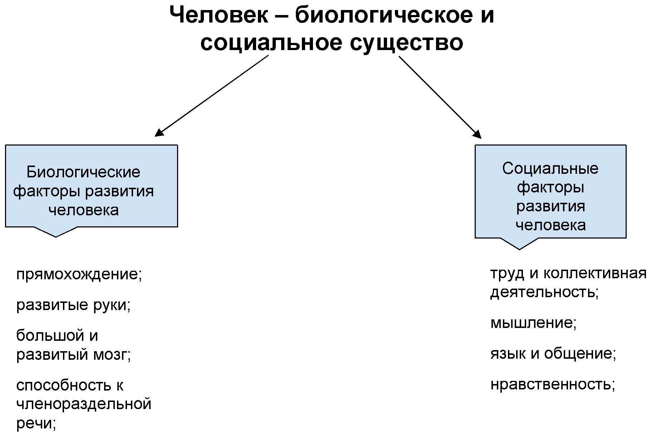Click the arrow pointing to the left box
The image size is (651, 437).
[211, 96]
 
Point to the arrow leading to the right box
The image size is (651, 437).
[440, 97]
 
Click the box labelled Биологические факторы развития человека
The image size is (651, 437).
[92, 186]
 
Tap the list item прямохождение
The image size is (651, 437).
[79, 275]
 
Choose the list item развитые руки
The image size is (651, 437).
[73, 305]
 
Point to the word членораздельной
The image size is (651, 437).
[84, 404]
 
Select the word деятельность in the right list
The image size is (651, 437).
[544, 293]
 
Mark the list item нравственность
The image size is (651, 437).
[553, 385]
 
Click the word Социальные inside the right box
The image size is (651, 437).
[550, 169]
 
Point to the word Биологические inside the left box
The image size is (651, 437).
[83, 172]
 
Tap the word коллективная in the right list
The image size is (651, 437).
[595, 274]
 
